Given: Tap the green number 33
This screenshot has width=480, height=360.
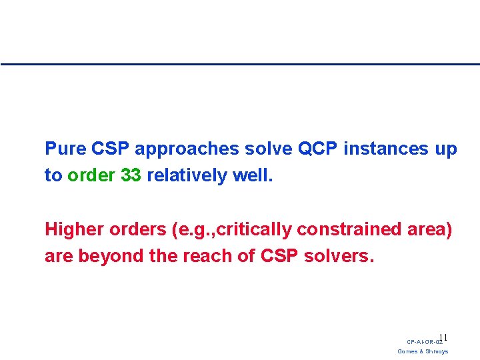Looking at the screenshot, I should (131, 176).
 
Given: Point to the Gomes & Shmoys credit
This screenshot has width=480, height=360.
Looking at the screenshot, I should (423, 351).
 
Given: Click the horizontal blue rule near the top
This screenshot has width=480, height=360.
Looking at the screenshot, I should (240, 64).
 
